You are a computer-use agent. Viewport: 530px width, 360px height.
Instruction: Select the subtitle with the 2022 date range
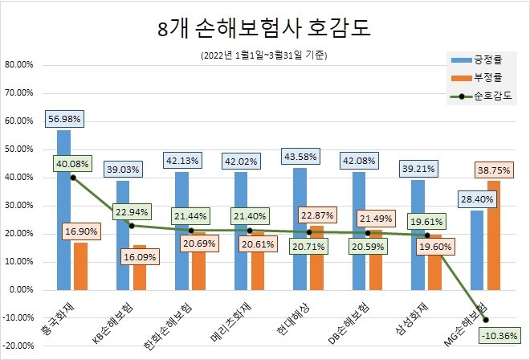pyautogui.click(x=265, y=55)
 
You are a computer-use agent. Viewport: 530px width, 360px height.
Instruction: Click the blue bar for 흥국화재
pyautogui.click(x=64, y=209)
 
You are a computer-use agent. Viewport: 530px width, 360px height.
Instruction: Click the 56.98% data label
pyautogui.click(x=64, y=119)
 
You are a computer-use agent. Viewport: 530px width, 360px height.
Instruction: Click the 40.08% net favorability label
pyautogui.click(x=73, y=164)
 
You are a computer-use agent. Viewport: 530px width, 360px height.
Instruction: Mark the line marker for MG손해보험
pyautogui.click(x=486, y=320)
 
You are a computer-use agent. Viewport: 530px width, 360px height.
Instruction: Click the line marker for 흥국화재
pyautogui.click(x=73, y=178)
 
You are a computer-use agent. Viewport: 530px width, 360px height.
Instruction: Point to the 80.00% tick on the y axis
pyautogui.click(x=18, y=65)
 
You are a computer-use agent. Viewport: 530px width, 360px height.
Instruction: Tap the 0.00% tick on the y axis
pyautogui.click(x=20, y=290)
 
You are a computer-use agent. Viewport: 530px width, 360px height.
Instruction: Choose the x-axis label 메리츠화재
pyautogui.click(x=233, y=321)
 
